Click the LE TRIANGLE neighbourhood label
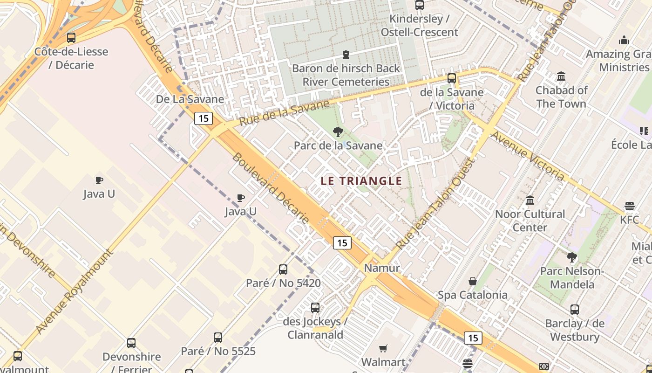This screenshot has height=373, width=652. (361, 181)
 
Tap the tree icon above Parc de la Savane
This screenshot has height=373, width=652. (339, 132)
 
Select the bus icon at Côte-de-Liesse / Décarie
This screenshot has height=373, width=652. (71, 38)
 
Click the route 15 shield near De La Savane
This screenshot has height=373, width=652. (204, 118)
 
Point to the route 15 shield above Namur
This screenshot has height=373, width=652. (342, 242)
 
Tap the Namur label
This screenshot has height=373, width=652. (382, 268)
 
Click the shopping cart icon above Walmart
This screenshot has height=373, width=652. (383, 348)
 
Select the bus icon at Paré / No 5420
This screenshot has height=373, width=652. (283, 269)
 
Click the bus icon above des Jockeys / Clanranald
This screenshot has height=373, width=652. (315, 308)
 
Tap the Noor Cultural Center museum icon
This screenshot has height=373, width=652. (530, 200)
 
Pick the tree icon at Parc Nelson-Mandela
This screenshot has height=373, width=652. (572, 257)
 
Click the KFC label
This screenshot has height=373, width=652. (630, 219)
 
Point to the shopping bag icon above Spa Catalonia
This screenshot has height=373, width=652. (473, 281)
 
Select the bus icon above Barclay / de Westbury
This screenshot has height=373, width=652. (575, 310)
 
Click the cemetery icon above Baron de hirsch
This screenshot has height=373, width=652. (346, 55)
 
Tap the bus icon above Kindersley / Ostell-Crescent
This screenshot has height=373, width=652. (420, 5)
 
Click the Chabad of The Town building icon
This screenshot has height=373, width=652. (561, 76)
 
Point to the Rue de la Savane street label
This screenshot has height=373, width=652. (285, 113)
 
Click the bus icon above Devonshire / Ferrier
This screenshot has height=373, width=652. (131, 343)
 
